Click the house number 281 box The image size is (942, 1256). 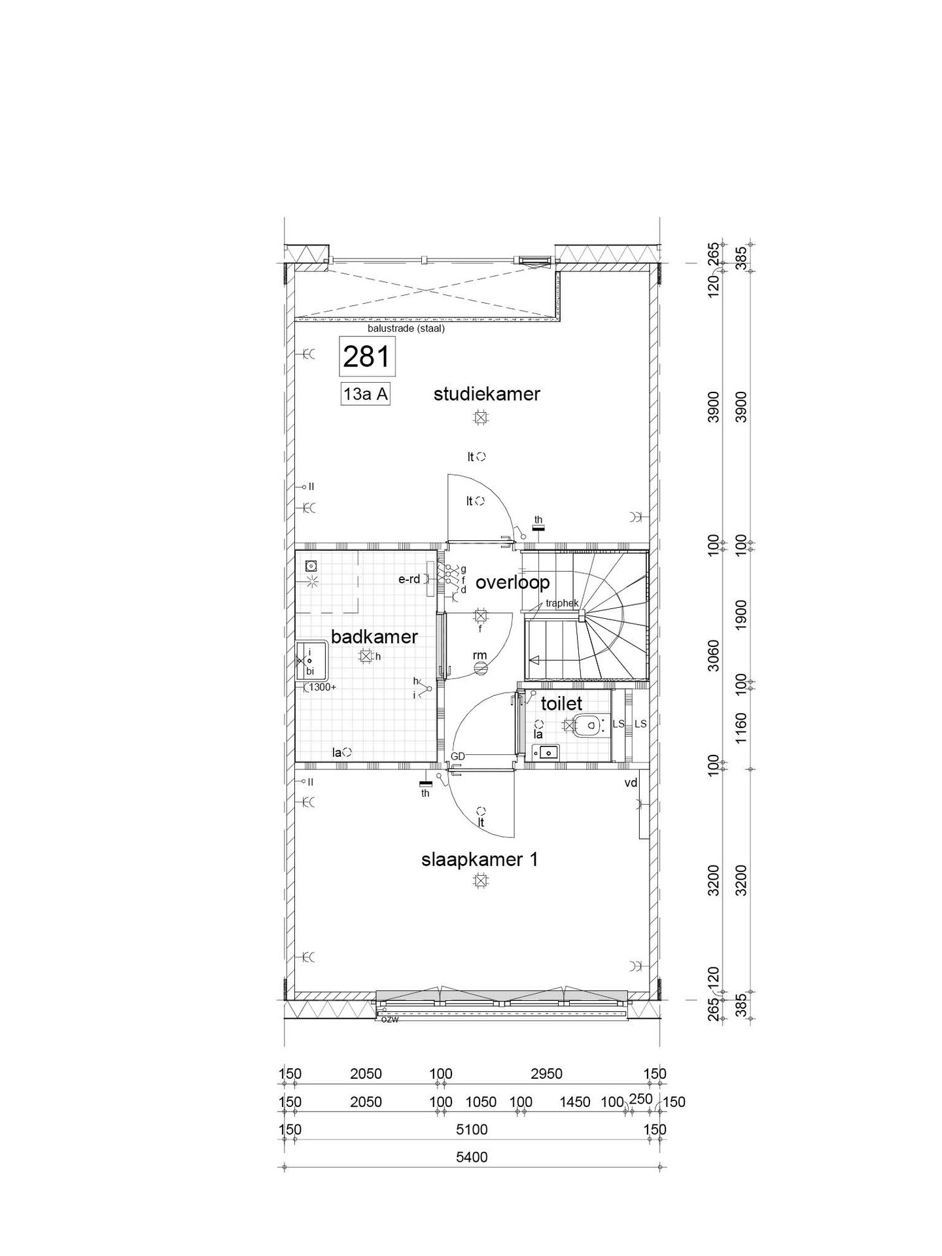[366, 357]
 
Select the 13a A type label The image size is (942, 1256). [366, 394]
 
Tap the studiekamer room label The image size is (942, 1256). [487, 394]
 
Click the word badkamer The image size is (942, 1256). [374, 637]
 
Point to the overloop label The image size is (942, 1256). [512, 582]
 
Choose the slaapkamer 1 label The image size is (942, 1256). [480, 860]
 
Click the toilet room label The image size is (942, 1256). [561, 703]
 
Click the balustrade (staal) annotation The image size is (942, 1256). [406, 329]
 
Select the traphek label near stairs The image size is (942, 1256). [562, 603]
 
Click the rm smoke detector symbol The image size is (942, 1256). [481, 668]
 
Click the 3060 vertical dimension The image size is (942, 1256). [714, 656]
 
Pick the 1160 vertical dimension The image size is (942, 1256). [741, 726]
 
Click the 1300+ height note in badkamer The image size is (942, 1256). [323, 687]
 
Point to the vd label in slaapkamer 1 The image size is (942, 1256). [631, 782]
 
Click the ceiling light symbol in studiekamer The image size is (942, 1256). [481, 417]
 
